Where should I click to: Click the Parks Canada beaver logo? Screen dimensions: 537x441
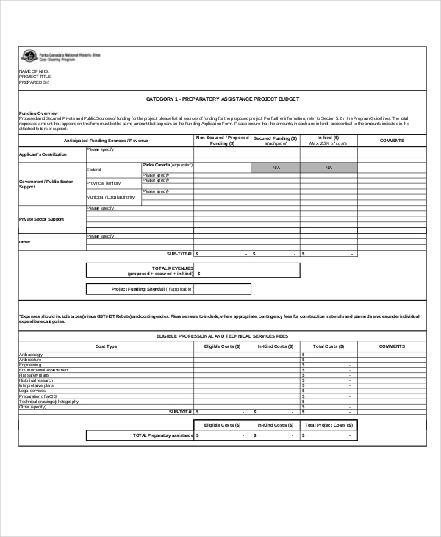[x=28, y=55]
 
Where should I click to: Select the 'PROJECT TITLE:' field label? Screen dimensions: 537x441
[x=35, y=76]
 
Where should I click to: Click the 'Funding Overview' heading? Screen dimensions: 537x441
[x=34, y=113]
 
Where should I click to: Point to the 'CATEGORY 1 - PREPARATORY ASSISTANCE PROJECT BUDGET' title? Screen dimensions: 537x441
[x=223, y=99]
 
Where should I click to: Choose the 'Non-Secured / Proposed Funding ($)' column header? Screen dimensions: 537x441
[x=222, y=141]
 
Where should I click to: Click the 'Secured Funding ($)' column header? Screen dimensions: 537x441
[x=275, y=138]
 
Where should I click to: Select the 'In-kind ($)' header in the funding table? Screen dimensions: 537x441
[x=328, y=138]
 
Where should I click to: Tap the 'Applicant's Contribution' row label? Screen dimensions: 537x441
[x=43, y=154]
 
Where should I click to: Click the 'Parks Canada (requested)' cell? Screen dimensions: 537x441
[x=167, y=166]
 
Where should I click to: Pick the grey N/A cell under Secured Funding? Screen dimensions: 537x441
[x=276, y=168]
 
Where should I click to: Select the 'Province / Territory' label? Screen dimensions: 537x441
[x=104, y=182]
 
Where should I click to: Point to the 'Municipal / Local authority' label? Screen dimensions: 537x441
[x=110, y=197]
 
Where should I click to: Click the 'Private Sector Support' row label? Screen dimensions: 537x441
[x=41, y=219]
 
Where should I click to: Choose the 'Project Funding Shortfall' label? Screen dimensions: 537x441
[x=151, y=289]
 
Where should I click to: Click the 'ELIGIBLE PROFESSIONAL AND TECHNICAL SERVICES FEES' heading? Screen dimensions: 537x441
[x=223, y=335]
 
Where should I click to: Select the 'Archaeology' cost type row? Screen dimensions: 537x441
[x=31, y=355]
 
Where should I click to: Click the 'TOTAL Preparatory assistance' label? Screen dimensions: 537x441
[x=162, y=435]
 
